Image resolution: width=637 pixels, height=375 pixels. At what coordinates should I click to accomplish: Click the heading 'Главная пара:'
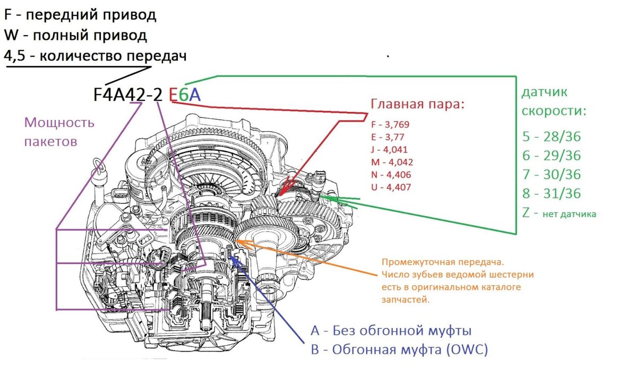pyautogui.click(x=417, y=104)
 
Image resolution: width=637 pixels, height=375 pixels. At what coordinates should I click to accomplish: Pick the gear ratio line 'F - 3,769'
pyautogui.click(x=390, y=124)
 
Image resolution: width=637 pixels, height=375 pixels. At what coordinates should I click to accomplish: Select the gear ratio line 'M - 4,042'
pyautogui.click(x=392, y=162)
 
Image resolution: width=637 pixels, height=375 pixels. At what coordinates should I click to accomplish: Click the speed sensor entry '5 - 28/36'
pyautogui.click(x=551, y=137)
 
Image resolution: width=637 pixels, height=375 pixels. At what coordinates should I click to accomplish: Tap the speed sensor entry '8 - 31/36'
pyautogui.click(x=551, y=193)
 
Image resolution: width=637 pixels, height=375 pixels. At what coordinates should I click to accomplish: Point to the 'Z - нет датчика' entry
pyautogui.click(x=559, y=214)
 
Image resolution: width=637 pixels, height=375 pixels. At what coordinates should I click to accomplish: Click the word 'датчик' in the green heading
pyautogui.click(x=544, y=92)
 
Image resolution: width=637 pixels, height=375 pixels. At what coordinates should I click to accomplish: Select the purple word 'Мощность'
pyautogui.click(x=59, y=123)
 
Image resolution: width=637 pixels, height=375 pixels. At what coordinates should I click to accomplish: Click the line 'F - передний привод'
pyautogui.click(x=80, y=15)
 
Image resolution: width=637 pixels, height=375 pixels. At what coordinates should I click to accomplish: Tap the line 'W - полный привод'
pyautogui.click(x=75, y=36)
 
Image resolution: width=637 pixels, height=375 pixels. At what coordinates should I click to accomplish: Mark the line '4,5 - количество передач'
pyautogui.click(x=95, y=56)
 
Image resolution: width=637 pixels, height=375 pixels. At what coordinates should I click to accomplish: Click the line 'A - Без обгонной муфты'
pyautogui.click(x=391, y=331)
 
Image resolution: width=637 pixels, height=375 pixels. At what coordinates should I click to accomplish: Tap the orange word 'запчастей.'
pyautogui.click(x=404, y=300)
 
